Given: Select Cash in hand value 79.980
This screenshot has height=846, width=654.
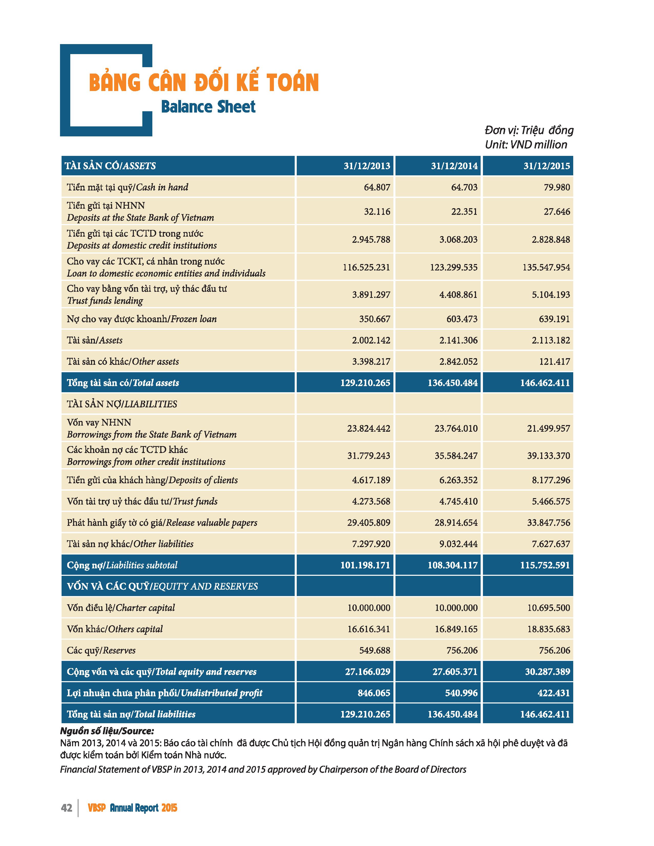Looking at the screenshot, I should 557,187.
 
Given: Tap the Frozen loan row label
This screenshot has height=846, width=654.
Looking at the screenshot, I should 141,319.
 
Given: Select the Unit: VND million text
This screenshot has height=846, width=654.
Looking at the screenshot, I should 526,145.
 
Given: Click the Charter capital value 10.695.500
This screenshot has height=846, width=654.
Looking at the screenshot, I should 548,608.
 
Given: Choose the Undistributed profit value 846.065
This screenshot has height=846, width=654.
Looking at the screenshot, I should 374,693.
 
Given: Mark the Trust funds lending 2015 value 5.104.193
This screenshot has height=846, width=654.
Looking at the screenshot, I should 551,295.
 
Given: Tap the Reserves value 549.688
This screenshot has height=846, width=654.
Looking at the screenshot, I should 375,650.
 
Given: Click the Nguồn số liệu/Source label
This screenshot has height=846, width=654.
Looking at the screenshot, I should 107,731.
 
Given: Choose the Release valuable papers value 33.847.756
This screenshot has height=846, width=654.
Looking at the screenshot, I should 548,523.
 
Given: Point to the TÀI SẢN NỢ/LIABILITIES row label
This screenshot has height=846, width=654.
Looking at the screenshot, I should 122,404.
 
